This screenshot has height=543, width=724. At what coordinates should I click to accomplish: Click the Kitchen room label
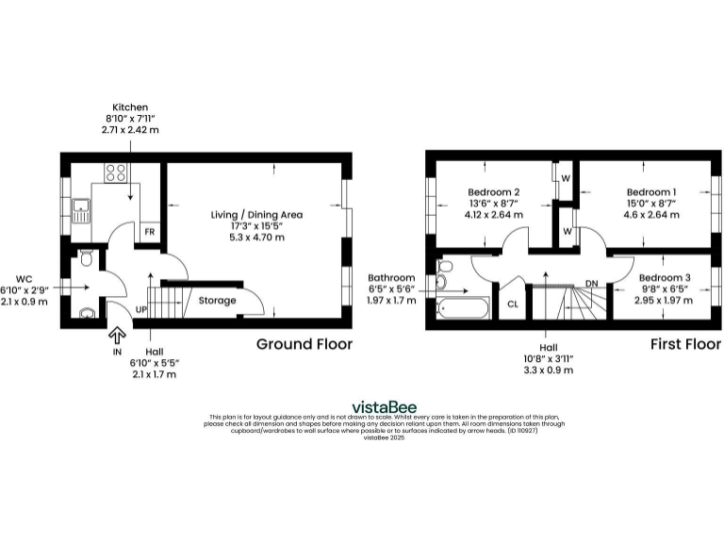130,107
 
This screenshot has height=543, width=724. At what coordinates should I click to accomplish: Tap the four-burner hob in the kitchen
115,173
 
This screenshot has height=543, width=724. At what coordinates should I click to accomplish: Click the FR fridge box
148,232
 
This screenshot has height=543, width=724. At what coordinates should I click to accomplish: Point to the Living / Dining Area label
256,215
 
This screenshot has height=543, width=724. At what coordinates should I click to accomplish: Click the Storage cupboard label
216,301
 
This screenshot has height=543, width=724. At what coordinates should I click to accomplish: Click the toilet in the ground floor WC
85,257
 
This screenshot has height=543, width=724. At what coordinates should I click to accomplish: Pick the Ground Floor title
304,344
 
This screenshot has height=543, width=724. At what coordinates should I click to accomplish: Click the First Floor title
684,344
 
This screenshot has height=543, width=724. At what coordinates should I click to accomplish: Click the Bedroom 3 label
665,277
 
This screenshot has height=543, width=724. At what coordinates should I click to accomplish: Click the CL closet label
513,304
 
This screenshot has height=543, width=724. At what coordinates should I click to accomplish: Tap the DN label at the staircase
591,283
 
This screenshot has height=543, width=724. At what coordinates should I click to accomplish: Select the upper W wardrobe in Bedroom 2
566,178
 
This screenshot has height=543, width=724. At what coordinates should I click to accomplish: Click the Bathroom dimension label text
391,278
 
